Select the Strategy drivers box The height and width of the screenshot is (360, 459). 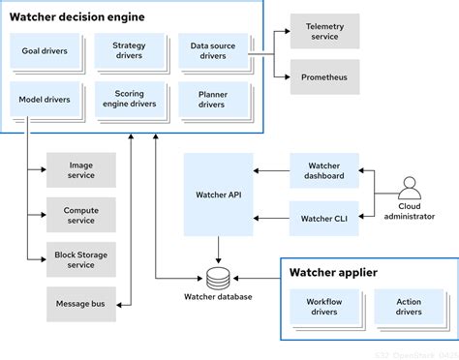(128, 50)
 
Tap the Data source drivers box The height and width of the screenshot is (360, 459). (212, 50)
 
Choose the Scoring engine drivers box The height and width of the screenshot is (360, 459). (128, 100)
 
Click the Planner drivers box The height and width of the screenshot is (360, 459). (212, 100)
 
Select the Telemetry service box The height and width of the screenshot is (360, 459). (324, 32)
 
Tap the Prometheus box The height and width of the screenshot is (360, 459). (324, 76)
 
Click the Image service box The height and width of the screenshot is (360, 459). (81, 170)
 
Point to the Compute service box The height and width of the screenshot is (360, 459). (81, 215)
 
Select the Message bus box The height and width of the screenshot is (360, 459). (81, 303)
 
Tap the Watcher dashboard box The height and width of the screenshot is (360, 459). (323, 170)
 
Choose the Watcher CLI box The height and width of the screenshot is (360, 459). (323, 219)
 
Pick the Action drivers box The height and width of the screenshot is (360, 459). (409, 308)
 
